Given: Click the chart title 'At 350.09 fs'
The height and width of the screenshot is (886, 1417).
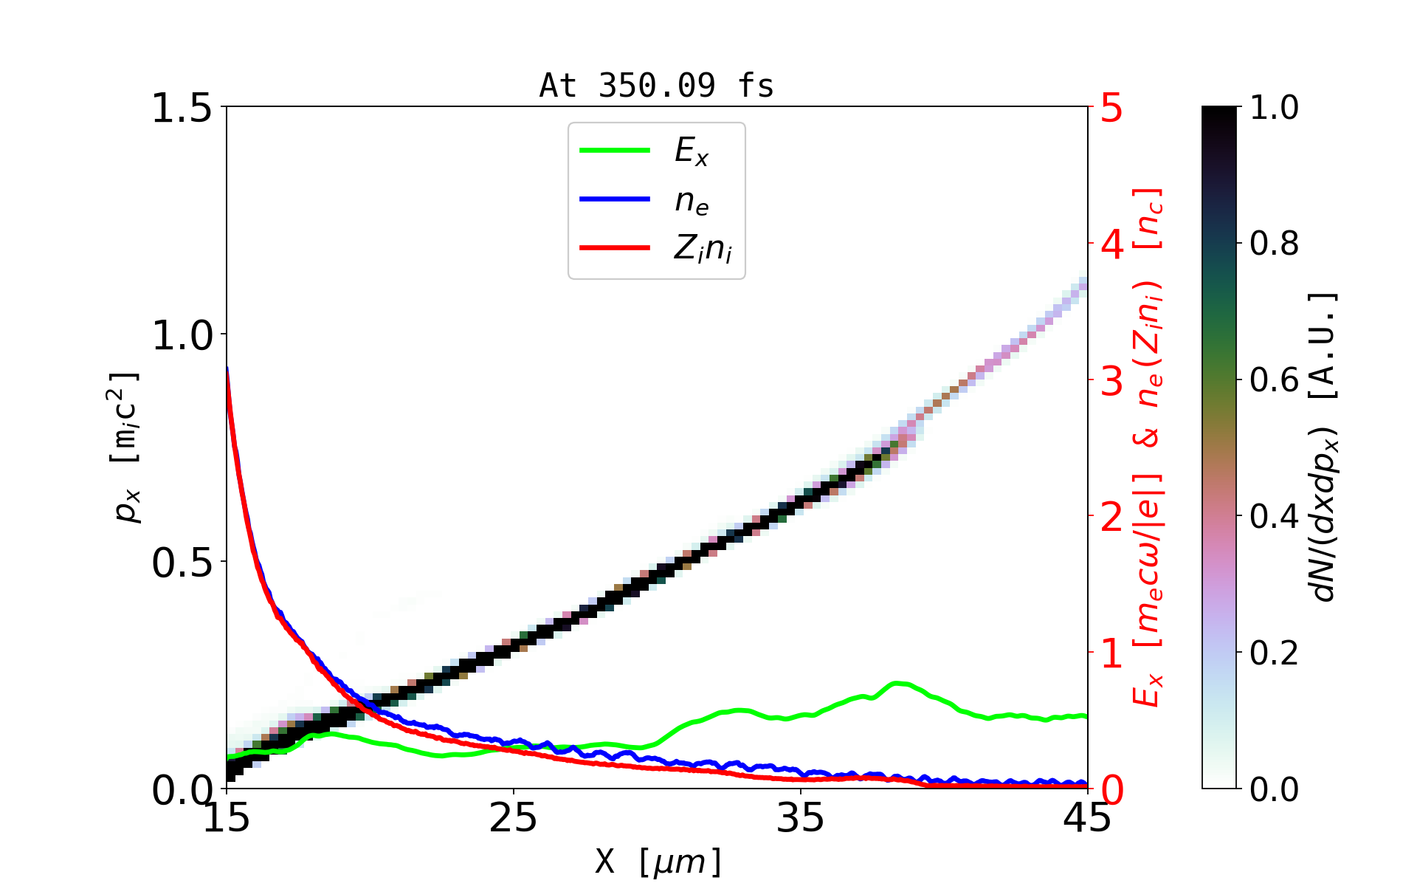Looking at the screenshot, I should point(656,86).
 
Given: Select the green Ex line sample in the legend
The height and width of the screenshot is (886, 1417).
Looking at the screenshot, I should point(615,151).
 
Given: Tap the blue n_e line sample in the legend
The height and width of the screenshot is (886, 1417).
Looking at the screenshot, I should point(615,199).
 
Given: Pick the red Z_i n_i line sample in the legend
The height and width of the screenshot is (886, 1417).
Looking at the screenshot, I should point(615,248).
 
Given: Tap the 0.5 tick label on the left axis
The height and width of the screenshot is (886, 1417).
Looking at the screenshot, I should point(182,563).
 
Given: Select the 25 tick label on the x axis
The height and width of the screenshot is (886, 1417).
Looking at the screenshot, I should point(514,818).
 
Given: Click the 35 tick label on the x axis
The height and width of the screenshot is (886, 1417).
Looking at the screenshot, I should point(801,818).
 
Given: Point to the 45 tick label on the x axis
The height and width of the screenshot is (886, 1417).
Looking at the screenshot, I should point(1088,818).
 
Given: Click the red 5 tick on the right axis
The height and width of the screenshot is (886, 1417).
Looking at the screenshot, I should point(1111,108).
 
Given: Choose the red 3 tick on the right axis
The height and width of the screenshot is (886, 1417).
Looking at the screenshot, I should point(1111,381).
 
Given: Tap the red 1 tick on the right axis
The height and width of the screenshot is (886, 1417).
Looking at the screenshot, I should point(1111,653).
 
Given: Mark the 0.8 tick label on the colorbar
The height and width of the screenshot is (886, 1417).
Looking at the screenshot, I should point(1275,244).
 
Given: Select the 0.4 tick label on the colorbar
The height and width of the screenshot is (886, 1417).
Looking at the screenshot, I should point(1275,517).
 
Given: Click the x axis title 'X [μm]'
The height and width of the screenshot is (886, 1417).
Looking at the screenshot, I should point(658,861).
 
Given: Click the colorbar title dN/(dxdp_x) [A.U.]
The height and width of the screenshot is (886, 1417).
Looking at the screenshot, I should point(1324,447).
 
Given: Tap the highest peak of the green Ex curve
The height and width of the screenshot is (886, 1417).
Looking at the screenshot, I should point(897,683).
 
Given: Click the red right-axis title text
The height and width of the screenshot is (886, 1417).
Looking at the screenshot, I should point(1148,447).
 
